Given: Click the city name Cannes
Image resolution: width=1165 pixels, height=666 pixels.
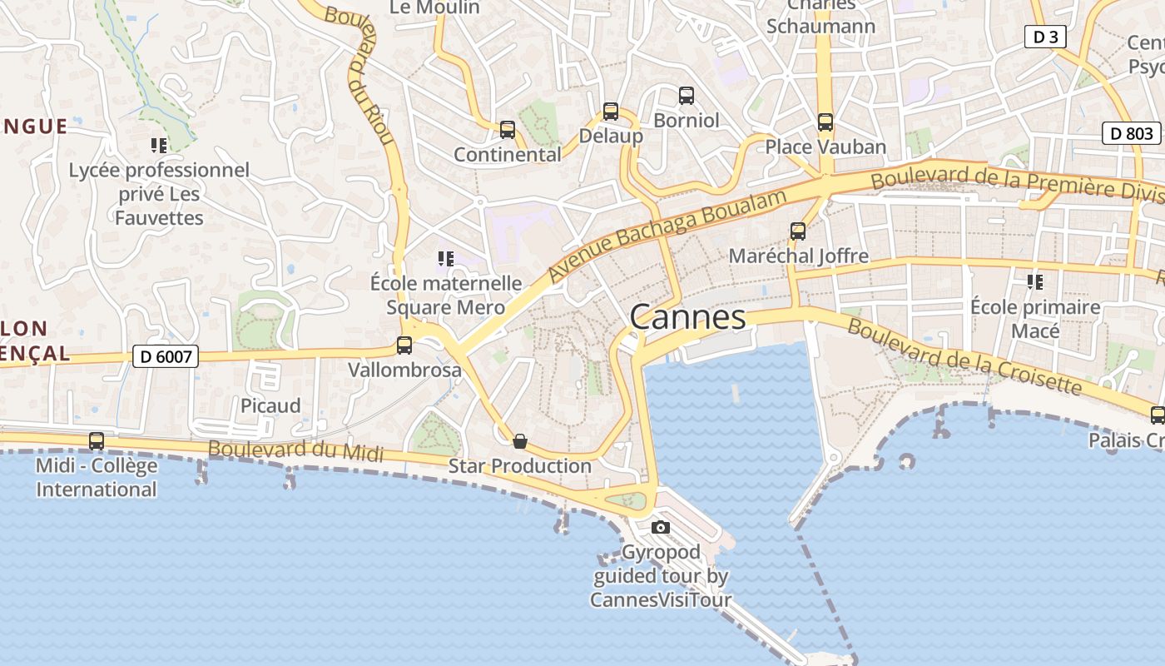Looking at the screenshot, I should point(687,317).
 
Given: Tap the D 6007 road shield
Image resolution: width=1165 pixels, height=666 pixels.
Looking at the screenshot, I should point(166,357).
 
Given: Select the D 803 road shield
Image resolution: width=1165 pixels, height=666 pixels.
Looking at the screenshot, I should point(1132,133).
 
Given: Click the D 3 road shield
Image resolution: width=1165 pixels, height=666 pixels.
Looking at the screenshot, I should point(1045,37).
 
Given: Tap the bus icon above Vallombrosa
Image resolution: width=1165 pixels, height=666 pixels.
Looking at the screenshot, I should point(404,345).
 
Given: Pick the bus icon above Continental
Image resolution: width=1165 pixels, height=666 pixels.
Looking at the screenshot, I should point(508,130).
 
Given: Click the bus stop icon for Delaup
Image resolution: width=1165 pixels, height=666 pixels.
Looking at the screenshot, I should point(611,112).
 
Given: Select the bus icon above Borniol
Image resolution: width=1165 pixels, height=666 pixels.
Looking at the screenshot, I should point(687,96).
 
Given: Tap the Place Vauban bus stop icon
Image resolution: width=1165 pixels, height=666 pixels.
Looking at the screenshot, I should point(825,122).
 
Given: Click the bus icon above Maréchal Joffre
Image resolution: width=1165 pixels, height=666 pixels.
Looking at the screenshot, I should point(798,231).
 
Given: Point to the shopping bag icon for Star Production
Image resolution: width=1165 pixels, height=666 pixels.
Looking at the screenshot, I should point(520,441).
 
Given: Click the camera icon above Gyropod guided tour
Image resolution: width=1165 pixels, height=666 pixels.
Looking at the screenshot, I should point(661,527).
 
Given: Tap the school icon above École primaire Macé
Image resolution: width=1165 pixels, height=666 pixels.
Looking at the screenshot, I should point(1035,282).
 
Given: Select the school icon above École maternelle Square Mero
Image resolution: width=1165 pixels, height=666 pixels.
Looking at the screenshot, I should point(446,259).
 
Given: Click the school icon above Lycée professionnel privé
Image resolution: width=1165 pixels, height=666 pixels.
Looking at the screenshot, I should point(159,146).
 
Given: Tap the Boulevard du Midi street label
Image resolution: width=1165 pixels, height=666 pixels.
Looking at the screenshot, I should point(295,451).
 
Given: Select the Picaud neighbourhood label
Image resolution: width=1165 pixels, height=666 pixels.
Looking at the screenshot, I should point(270,406).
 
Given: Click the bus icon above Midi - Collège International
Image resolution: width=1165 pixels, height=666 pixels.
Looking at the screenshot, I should point(97,441).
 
